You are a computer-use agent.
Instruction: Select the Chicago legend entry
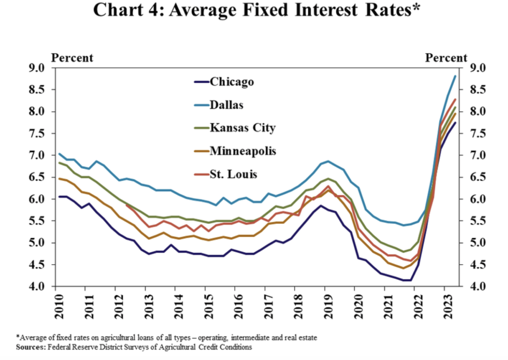point(232,82)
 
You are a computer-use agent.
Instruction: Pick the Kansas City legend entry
point(243,128)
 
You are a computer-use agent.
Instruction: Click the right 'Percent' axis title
point(446,58)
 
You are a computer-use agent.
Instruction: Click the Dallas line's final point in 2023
point(455,76)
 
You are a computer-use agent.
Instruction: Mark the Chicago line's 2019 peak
point(321,206)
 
